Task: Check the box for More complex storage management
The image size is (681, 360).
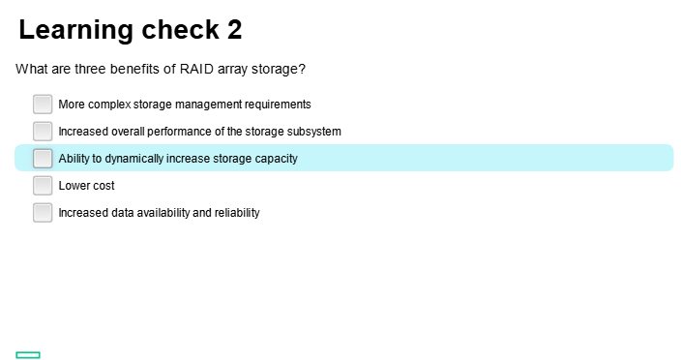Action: coord(43,104)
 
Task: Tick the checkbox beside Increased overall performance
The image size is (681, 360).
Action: coord(43,131)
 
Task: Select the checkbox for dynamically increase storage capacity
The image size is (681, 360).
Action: coord(43,158)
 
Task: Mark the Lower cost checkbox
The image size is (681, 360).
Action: coord(43,185)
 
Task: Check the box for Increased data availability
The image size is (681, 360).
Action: coord(43,212)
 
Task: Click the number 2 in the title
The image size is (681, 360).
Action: coord(234,30)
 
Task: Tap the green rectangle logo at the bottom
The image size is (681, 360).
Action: coord(28,355)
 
